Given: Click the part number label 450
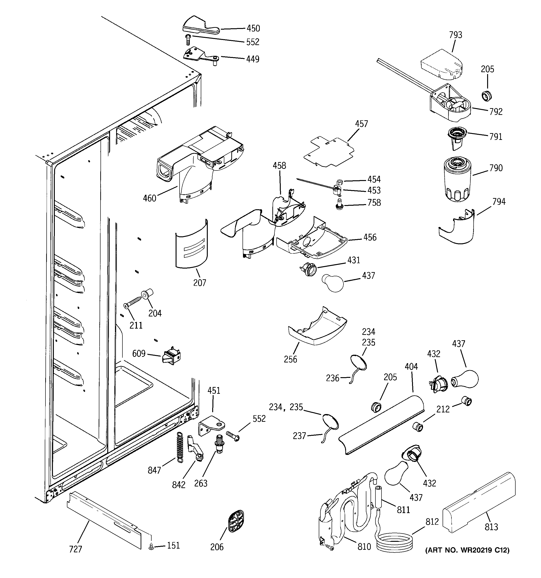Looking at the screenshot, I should pos(253,28).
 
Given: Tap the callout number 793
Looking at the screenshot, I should pos(455,35).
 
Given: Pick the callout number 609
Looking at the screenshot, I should pos(139,353).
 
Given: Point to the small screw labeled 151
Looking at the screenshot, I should pos(151,547).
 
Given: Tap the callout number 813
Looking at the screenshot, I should pos(491,527).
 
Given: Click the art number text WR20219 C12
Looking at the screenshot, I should pos(467,550).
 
